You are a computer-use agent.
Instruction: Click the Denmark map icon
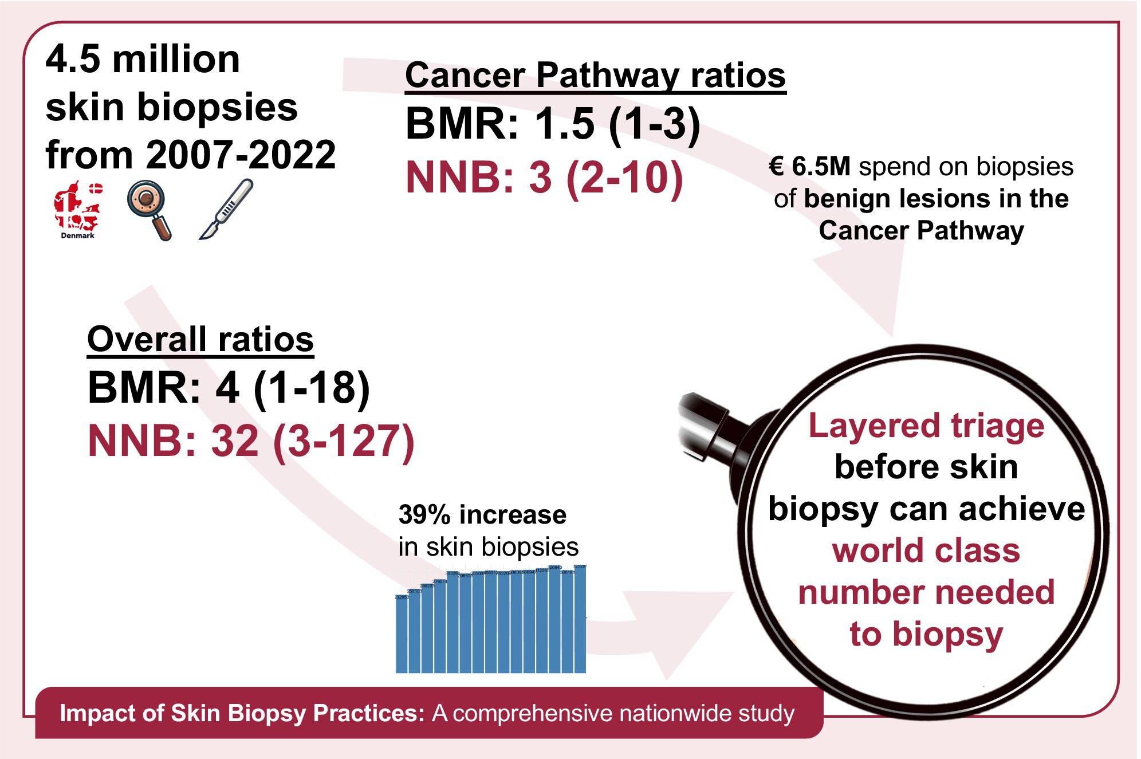click(x=77, y=207)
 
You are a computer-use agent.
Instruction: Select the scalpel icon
click(x=226, y=209)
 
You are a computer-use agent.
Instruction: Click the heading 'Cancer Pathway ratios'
click(x=595, y=76)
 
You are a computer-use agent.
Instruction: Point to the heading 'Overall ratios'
click(x=200, y=340)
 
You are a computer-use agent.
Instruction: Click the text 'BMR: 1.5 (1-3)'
click(x=553, y=124)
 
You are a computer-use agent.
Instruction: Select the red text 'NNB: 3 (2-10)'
click(x=544, y=178)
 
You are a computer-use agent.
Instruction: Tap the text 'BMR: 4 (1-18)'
click(x=229, y=388)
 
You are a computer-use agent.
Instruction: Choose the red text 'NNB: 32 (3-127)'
click(x=251, y=441)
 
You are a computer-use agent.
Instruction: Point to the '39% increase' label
click(x=482, y=514)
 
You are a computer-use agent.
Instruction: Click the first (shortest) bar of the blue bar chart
click(x=402, y=634)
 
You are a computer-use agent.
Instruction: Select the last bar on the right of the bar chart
click(x=580, y=619)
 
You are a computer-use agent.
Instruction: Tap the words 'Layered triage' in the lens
click(x=926, y=426)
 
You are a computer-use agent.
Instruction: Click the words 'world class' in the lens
click(x=926, y=550)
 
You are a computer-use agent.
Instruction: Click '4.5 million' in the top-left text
click(x=143, y=60)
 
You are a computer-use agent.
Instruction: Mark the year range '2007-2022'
click(x=241, y=155)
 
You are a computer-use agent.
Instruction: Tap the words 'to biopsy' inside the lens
click(x=926, y=634)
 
